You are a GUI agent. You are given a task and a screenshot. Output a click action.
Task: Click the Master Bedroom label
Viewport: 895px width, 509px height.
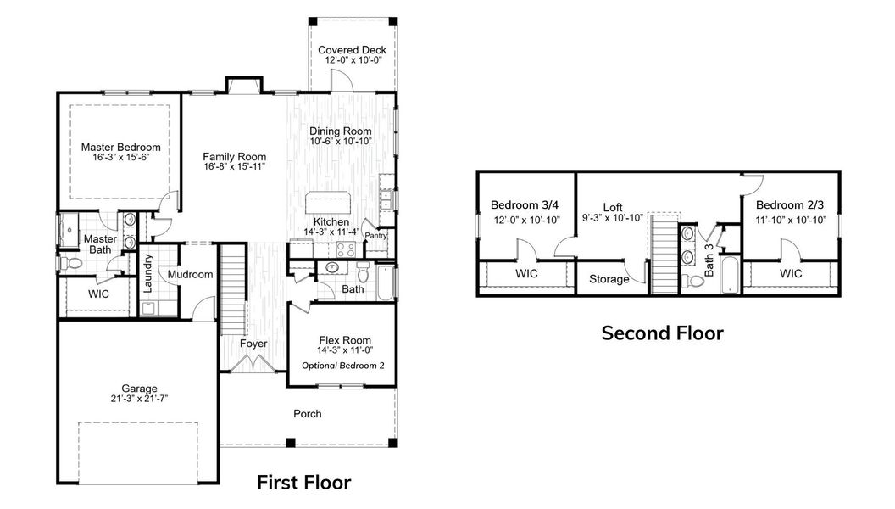(120, 147)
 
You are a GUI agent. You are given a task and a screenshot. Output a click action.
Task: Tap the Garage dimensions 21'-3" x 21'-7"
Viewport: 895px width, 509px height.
(138, 400)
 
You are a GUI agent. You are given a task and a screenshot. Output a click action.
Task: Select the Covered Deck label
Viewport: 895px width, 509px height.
(352, 50)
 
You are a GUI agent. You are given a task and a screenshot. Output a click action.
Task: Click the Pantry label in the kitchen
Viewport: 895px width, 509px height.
(375, 236)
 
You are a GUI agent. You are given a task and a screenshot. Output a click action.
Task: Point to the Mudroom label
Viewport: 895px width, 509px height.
(189, 274)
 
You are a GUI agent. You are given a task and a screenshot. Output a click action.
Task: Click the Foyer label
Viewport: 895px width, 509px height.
(253, 344)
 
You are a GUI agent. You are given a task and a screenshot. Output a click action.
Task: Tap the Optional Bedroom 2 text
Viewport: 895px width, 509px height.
(342, 366)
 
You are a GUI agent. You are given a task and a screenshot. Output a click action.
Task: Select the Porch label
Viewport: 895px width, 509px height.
(307, 414)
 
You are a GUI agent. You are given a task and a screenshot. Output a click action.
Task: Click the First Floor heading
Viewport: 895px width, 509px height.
(303, 483)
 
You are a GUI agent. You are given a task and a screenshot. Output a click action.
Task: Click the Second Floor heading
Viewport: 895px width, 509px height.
(662, 333)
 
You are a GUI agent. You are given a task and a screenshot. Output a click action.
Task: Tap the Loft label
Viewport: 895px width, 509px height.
(613, 206)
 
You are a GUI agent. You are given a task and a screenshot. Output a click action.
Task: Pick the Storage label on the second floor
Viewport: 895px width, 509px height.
(609, 279)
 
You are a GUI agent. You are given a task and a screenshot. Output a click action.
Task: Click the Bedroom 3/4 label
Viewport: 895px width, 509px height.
(525, 205)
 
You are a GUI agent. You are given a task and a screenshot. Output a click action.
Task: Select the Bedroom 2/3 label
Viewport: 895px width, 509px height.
(790, 205)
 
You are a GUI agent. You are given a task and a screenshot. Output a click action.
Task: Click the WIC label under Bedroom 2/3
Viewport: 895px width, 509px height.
(790, 274)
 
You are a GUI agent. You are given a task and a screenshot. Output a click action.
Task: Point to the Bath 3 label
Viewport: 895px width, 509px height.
(709, 262)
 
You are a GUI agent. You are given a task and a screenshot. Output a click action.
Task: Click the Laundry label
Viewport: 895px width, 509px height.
(147, 274)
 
